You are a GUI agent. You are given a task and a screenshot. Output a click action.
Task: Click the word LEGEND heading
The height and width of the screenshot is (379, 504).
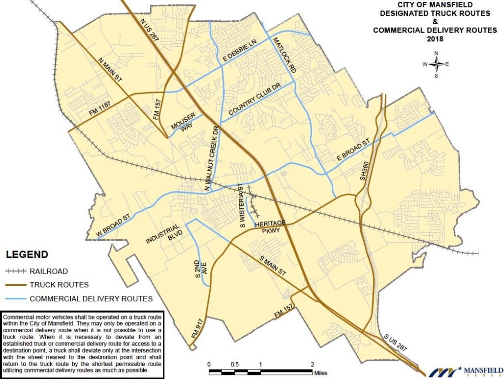[27, 254]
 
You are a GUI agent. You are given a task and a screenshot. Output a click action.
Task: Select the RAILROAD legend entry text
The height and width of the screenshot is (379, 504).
[48, 271]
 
